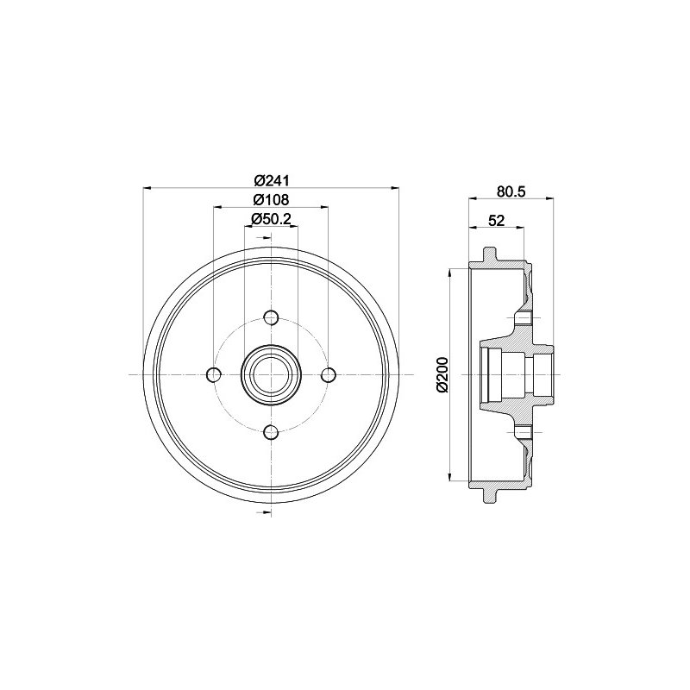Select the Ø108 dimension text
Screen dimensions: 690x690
click(x=271, y=199)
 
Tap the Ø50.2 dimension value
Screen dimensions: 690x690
click(x=271, y=219)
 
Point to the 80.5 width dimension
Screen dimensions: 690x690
click(x=511, y=191)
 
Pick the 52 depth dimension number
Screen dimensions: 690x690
click(x=497, y=221)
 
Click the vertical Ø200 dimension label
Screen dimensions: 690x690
click(x=442, y=374)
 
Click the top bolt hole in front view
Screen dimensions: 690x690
click(x=271, y=317)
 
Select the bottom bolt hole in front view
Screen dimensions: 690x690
click(x=271, y=432)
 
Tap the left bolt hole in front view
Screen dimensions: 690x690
click(x=214, y=375)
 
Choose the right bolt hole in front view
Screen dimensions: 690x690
click(x=329, y=375)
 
